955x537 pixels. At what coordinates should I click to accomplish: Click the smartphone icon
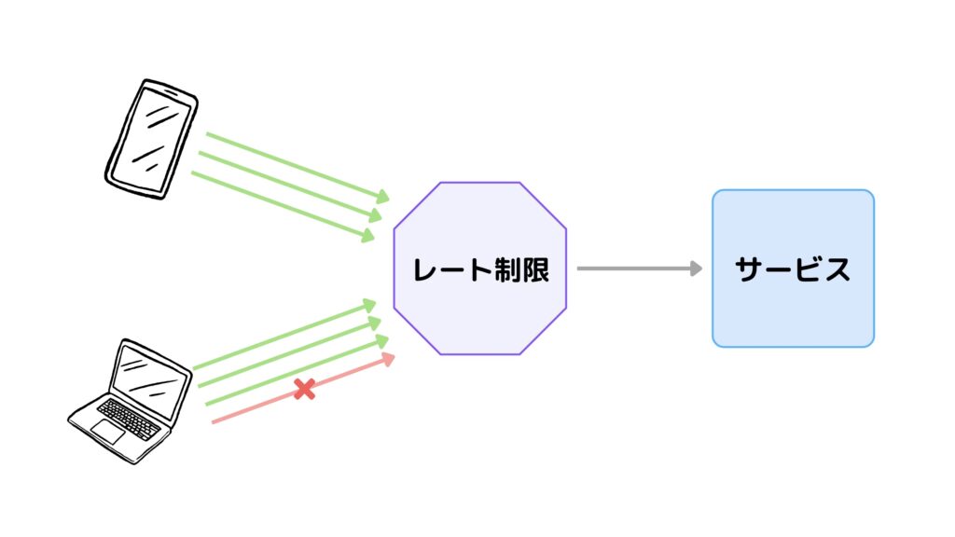coord(150,138)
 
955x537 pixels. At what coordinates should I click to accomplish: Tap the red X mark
coord(304,390)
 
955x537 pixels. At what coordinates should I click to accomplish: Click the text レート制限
coord(480,269)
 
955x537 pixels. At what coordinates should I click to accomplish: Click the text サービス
coord(793,269)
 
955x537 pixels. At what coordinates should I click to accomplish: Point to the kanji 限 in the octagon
coord(537,269)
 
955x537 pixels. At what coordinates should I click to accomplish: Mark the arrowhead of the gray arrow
coord(696,268)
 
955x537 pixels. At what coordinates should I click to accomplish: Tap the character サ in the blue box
coord(750,269)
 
